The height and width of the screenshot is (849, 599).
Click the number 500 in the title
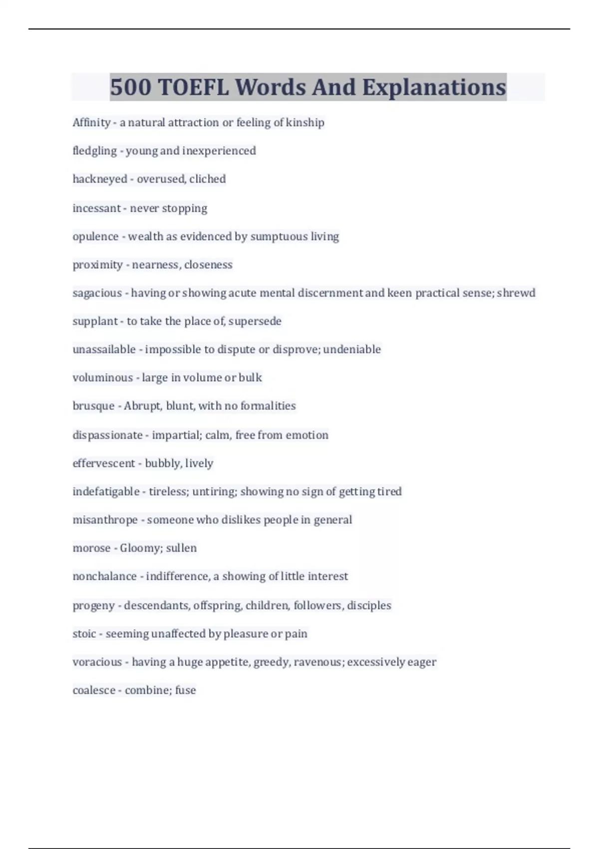click(130, 87)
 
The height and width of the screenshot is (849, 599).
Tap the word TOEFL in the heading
click(193, 87)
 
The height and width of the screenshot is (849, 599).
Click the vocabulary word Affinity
click(91, 122)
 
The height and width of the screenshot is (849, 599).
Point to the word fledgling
click(94, 151)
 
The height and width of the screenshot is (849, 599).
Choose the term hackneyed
click(100, 179)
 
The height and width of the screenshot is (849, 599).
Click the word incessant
click(97, 208)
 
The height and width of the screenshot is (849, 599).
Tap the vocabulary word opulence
click(95, 236)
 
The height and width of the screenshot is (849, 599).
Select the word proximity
click(97, 265)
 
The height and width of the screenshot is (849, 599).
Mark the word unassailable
click(104, 349)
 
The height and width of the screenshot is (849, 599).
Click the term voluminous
click(103, 378)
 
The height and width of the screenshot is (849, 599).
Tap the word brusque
click(93, 406)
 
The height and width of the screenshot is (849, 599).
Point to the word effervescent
click(104, 463)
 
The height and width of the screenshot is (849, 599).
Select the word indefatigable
click(106, 491)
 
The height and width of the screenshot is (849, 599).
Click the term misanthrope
click(105, 520)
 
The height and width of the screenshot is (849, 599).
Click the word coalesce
click(94, 690)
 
